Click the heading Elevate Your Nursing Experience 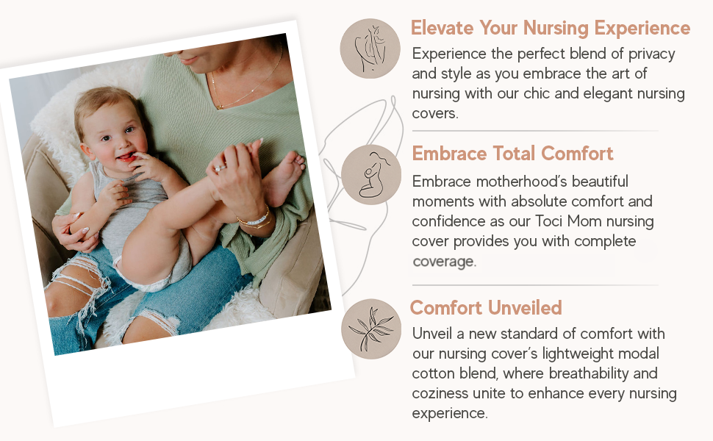(551, 29)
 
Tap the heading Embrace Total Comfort (512, 154)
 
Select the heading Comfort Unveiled (486, 307)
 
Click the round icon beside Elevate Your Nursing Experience (370, 49)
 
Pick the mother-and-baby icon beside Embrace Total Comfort (371, 174)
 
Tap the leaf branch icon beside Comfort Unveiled (370, 328)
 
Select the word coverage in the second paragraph (444, 262)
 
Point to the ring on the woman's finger (219, 168)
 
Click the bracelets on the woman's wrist (254, 219)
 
